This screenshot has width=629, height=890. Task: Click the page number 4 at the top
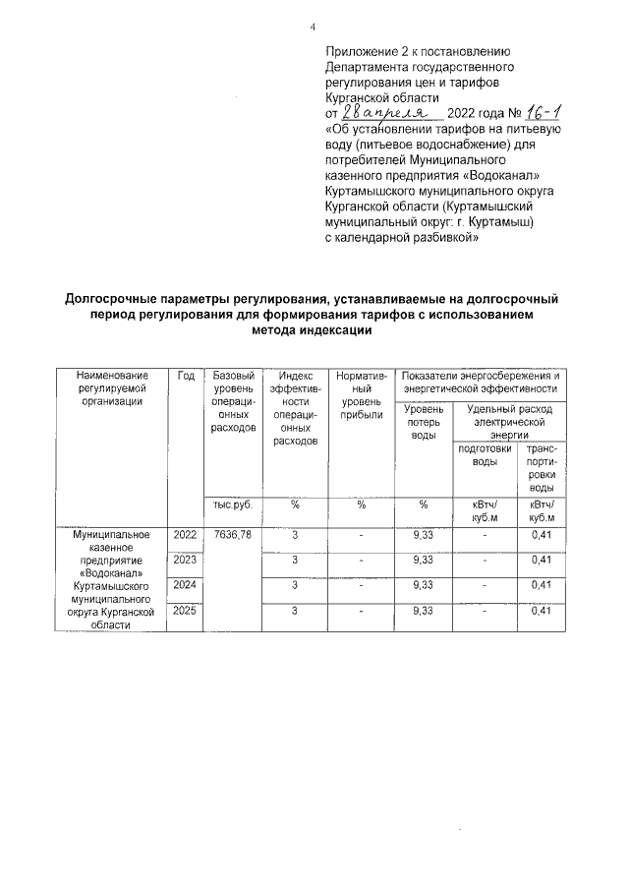[313, 27]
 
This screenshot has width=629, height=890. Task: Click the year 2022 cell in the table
[184, 535]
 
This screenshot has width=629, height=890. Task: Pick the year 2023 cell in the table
[184, 560]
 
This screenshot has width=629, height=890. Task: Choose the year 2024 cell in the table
[184, 585]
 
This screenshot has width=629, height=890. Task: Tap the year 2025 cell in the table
[184, 611]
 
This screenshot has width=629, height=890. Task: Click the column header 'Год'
[185, 376]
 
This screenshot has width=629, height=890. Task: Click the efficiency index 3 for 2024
[295, 585]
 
